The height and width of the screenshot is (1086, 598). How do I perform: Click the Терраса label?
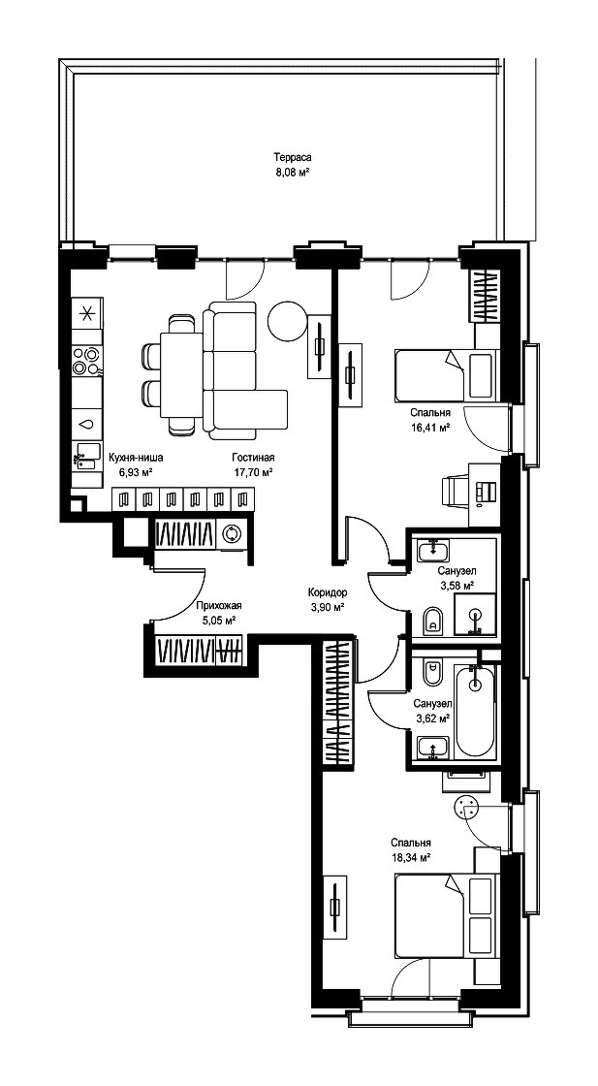[290, 157]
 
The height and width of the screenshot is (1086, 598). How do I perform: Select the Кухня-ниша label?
[136, 458]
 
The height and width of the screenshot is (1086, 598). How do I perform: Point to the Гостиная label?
[253, 458]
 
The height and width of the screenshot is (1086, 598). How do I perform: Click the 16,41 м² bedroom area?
[429, 427]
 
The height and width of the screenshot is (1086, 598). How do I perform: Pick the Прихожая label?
[219, 605]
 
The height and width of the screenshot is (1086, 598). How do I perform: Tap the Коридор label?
[328, 592]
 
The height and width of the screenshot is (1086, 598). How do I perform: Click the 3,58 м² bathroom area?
[456, 586]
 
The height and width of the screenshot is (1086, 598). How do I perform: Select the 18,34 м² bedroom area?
[410, 856]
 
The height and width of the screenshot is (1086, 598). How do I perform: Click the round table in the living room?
[287, 321]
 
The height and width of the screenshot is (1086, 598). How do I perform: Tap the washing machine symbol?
[232, 534]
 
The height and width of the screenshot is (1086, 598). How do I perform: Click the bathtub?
[475, 712]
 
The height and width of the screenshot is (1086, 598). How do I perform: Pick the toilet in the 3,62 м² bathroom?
[433, 670]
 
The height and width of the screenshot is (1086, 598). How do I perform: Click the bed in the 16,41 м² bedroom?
[446, 375]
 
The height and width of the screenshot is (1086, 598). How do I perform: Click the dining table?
[181, 375]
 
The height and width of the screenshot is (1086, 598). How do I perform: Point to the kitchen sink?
[88, 451]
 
